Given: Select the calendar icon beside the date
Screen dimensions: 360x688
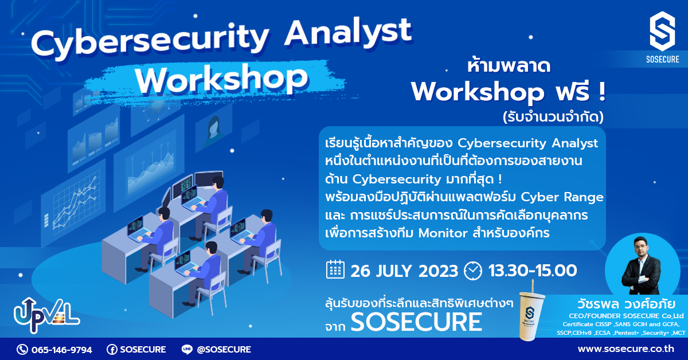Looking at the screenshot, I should tap(335, 269).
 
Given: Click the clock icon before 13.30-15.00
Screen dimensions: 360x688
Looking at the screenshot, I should tap(473, 270).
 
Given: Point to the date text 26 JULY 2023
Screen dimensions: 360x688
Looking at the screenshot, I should tap(404, 270).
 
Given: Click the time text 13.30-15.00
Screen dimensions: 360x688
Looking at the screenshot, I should tap(532, 270).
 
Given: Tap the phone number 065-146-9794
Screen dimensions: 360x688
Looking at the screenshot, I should tap(61, 349).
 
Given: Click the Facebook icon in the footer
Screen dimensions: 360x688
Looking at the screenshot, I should tap(112, 349).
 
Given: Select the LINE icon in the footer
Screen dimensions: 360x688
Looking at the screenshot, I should tap(186, 349).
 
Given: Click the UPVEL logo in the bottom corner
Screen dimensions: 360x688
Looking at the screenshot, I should tap(46, 316).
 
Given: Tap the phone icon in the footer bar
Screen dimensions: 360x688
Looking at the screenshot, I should tap(22, 349).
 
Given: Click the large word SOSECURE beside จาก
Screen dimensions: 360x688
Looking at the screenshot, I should tap(416, 322).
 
